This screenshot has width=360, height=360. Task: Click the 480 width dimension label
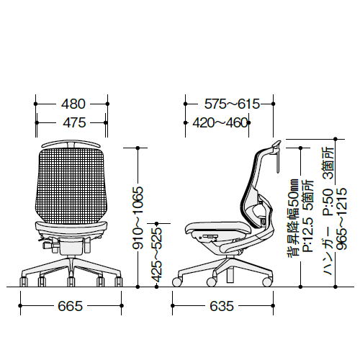point(73,104)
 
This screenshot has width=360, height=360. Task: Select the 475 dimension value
point(74,122)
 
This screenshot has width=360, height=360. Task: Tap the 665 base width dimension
point(71,306)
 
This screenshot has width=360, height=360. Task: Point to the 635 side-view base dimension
point(222,306)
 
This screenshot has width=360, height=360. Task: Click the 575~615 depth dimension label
point(232,104)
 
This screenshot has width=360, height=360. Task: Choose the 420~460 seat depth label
point(220,122)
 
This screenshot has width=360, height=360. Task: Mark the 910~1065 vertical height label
point(138,217)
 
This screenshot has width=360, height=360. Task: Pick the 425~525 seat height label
point(156,254)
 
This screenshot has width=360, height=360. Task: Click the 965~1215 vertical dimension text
point(341,219)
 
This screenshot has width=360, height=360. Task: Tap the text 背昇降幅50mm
point(293,218)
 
